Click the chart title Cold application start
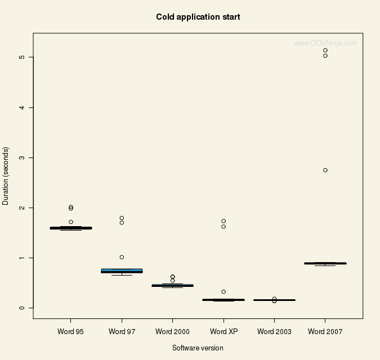tap(198, 17)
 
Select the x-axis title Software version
tap(198, 348)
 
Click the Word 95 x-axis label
tap(71, 331)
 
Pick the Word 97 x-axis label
tap(122, 331)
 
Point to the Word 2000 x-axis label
tap(172, 331)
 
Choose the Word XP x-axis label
tap(223, 331)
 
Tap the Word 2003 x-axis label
tap(274, 331)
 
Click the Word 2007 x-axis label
tap(325, 331)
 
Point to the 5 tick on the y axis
tap(22, 57)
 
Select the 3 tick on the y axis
tap(22, 157)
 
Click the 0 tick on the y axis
tap(22, 308)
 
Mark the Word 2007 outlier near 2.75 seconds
tap(325, 170)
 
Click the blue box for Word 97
tap(122, 270)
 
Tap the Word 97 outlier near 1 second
tap(122, 257)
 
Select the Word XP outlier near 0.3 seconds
tap(223, 291)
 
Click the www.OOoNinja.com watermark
tap(325, 43)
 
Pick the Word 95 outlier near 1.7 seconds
tap(71, 222)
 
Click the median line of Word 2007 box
tap(325, 263)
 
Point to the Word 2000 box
tap(172, 285)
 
